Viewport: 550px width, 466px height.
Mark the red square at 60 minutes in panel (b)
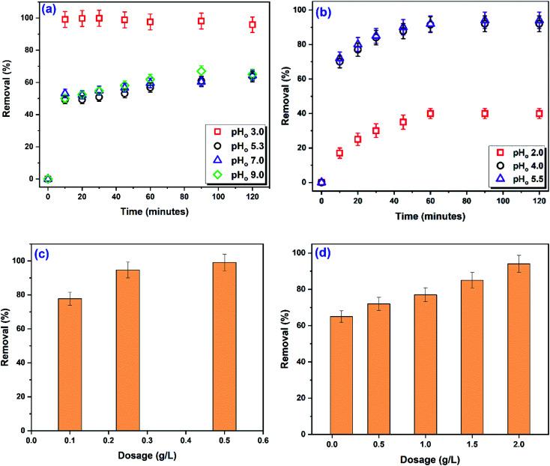point(430,113)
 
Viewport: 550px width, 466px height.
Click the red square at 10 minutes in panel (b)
point(339,153)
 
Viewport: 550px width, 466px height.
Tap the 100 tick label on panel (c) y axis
point(17,261)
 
